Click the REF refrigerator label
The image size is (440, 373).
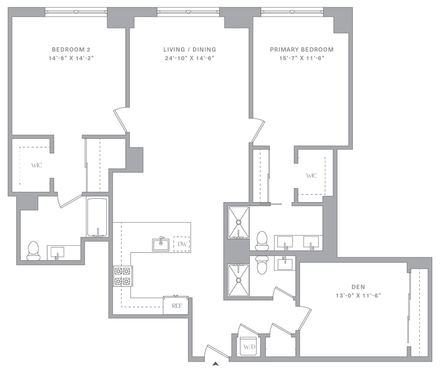175,306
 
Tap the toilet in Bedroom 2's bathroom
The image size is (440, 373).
33,250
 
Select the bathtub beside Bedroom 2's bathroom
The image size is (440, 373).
98,217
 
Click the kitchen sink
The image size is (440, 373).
161,244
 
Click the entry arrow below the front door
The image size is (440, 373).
216,365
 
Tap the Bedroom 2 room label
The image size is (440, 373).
71,49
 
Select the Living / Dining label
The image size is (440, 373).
189,49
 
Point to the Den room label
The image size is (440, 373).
358,286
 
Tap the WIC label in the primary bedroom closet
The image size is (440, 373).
312,176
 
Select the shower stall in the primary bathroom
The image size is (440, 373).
239,222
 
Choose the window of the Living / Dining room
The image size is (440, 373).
189,12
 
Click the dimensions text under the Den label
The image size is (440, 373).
358,295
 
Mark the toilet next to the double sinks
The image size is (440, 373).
260,240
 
